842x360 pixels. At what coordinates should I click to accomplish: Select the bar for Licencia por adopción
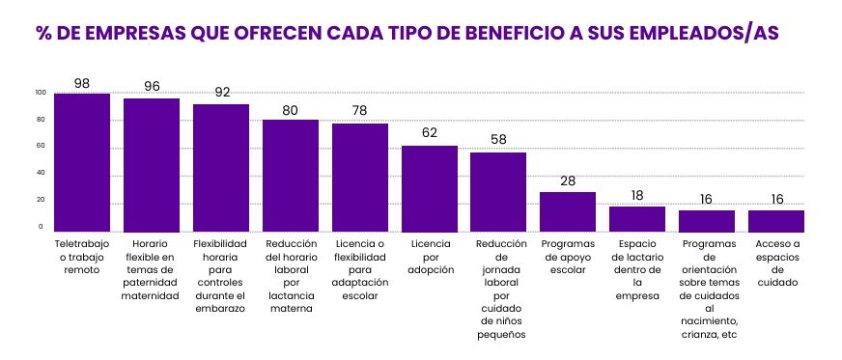430,188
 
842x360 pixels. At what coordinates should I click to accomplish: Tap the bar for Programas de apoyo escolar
568,211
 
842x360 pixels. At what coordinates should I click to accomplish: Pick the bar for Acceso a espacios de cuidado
776,221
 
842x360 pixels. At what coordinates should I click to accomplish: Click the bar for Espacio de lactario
637,219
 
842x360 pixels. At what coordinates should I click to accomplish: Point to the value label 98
82,84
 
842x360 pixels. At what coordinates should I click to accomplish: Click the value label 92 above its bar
221,93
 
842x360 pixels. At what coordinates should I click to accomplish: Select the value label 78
360,111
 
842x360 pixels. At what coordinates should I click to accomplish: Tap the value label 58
499,140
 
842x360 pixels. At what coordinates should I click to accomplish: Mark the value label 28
568,180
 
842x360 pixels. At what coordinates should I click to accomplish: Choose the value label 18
637,195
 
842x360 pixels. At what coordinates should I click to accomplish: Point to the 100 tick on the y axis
40,93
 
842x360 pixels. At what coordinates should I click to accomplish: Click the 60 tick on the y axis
40,147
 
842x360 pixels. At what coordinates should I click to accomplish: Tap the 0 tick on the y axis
40,227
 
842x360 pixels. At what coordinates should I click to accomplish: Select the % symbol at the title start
43,33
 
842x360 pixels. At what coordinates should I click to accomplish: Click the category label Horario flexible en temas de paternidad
152,270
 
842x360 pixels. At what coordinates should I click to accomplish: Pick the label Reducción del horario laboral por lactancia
291,277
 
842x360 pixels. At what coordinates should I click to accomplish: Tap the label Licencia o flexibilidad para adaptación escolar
360,270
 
